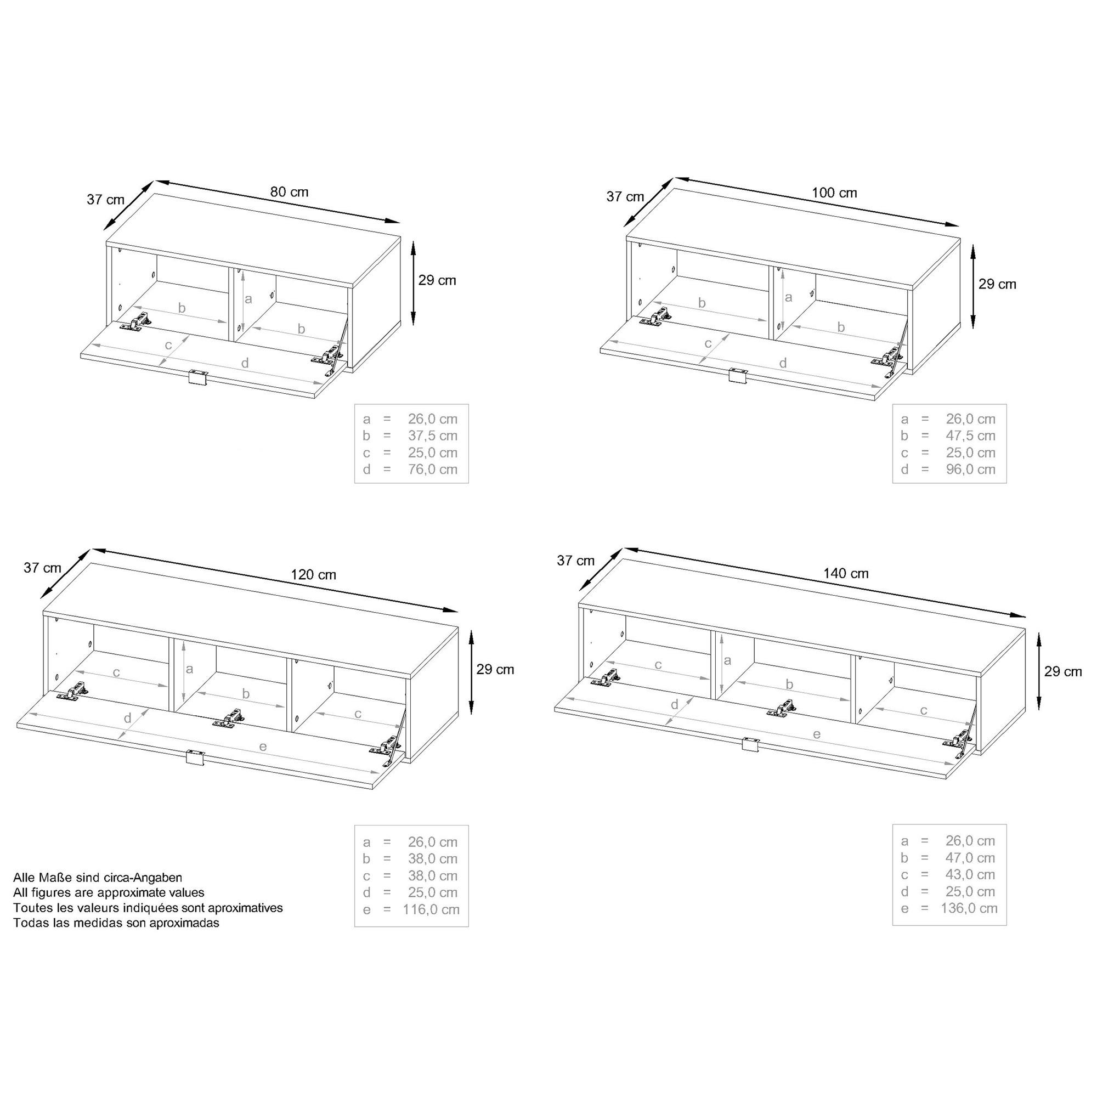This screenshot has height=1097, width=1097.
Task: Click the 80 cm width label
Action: [x=289, y=192]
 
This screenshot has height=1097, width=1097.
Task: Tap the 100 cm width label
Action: [x=834, y=193]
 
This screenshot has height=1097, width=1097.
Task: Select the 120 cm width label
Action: [x=313, y=575]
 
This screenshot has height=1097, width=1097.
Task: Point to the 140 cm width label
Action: [x=846, y=574]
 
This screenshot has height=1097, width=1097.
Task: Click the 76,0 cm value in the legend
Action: [x=432, y=470]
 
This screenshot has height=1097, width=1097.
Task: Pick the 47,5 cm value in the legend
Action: [x=970, y=436]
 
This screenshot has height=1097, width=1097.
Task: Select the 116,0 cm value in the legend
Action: [x=431, y=909]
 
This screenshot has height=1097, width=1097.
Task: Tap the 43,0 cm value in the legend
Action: [x=970, y=875]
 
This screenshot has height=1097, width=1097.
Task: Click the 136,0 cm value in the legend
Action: [x=969, y=908]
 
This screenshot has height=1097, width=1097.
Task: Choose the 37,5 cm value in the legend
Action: [x=432, y=436]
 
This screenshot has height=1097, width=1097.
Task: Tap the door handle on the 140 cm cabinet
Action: [x=751, y=744]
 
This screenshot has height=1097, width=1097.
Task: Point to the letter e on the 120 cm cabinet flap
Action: [x=263, y=747]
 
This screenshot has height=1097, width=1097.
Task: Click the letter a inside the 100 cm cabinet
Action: [x=788, y=297]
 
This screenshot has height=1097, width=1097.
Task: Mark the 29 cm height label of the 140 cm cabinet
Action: [x=1063, y=671]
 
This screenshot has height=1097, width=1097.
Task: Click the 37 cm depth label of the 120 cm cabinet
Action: [x=43, y=567]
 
